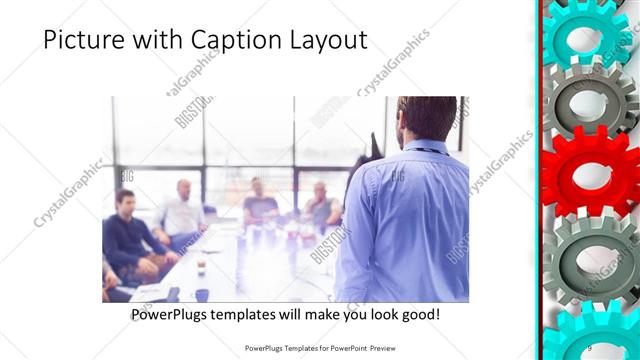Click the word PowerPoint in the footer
(350, 348)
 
